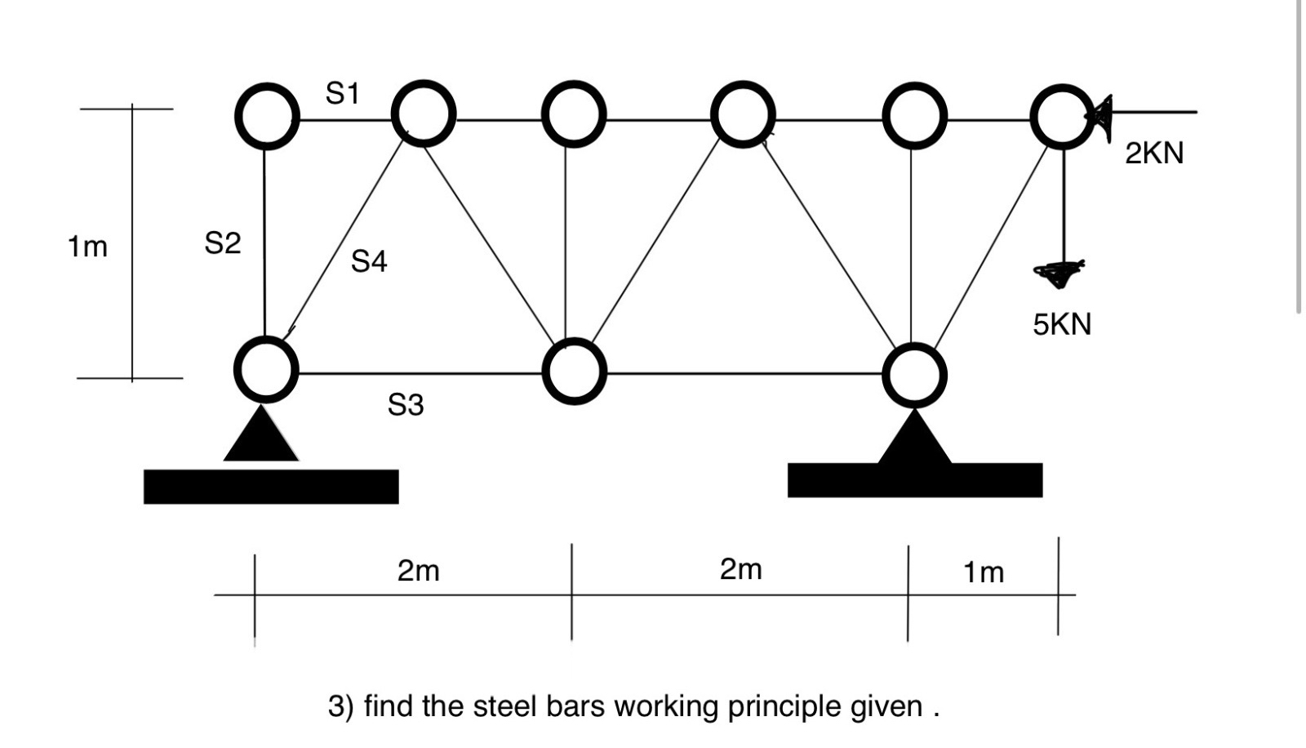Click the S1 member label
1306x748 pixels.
pos(342,93)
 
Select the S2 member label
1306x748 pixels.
pos(222,243)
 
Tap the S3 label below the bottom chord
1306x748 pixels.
pos(406,404)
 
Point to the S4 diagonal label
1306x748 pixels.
pos(369,261)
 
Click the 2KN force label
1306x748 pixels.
pos(1153,154)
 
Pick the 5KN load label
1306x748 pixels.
pos(1061,324)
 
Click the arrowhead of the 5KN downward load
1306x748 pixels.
pos(1059,274)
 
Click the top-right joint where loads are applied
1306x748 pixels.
pos(1061,117)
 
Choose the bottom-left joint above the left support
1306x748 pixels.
pos(264,370)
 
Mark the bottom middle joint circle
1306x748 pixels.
pos(574,372)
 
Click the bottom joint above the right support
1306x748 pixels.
pos(914,374)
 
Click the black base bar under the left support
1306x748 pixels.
pos(271,487)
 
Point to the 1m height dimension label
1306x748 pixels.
pos(87,246)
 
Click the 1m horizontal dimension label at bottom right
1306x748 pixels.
pos(983,572)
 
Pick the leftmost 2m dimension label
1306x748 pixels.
pos(418,570)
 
